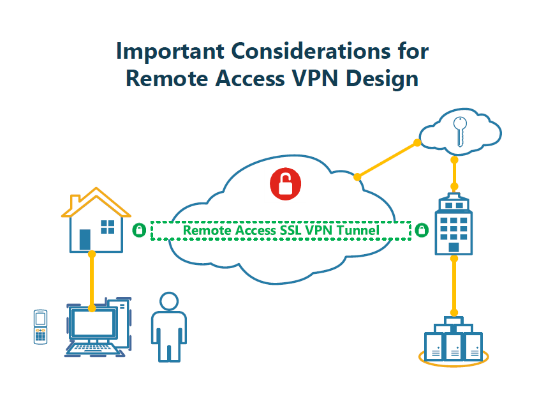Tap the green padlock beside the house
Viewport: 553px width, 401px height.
pos(138,230)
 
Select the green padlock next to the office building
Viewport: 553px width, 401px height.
pos(422,230)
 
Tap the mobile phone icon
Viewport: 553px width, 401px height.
pos(41,327)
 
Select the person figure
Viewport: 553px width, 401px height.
pos(169,327)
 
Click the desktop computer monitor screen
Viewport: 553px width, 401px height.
pos(93,323)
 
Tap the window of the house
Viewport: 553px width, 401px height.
pos(108,226)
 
